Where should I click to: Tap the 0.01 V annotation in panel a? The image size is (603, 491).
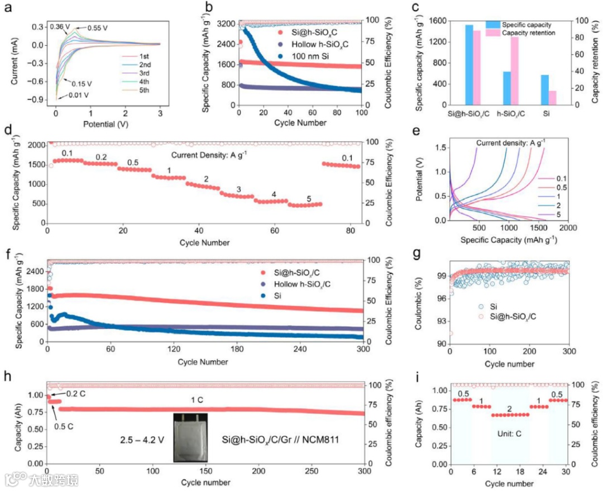click(78, 96)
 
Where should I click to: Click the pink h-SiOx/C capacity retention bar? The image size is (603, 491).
click(514, 70)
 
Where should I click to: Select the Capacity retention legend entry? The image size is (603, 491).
click(528, 33)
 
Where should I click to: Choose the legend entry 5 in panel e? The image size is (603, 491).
click(547, 214)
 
